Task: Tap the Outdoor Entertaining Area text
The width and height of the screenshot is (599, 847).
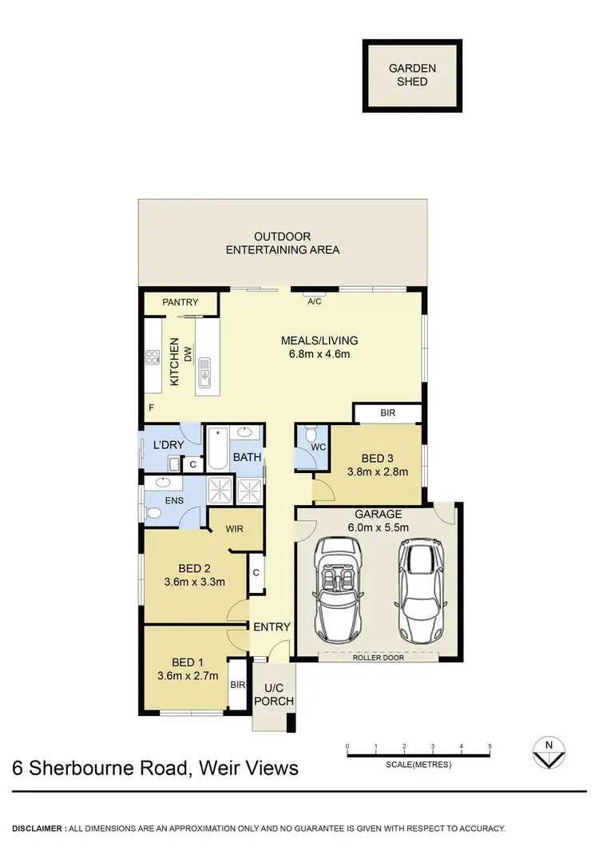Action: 283,243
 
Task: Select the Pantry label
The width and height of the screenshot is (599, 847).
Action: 180,303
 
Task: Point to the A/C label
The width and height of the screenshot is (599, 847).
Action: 315,303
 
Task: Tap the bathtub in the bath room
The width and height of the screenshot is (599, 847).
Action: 217,450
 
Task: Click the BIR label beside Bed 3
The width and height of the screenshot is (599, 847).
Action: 388,413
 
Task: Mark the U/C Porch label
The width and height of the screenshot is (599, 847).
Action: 273,695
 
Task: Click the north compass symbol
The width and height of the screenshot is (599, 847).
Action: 548,750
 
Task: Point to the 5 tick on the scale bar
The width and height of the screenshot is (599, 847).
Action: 490,746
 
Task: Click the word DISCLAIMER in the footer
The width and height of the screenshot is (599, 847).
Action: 38,828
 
